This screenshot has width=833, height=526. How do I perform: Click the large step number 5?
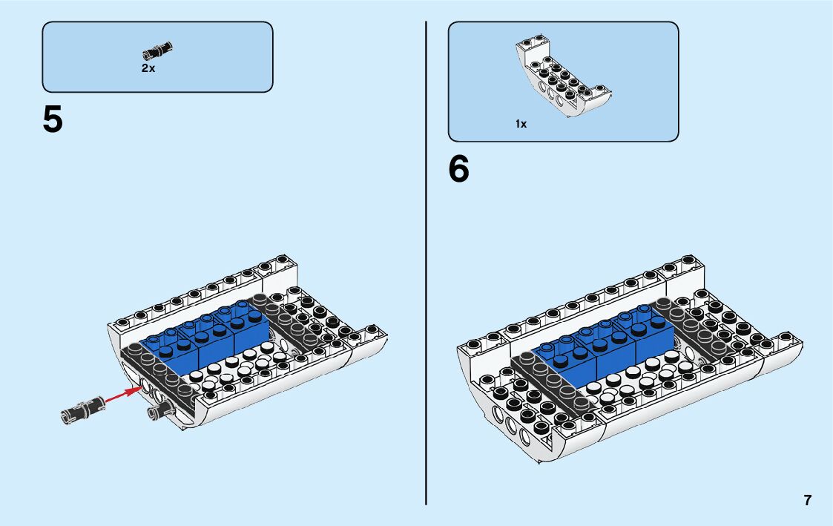tap(53, 120)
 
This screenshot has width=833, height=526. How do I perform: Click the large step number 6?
tap(459, 170)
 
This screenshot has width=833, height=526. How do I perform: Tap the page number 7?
tap(807, 500)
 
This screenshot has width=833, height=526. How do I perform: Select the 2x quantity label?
tap(148, 68)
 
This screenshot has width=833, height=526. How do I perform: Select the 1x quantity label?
tap(521, 124)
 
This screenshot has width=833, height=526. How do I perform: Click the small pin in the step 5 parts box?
tap(157, 50)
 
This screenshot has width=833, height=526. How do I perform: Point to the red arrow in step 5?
tap(122, 395)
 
